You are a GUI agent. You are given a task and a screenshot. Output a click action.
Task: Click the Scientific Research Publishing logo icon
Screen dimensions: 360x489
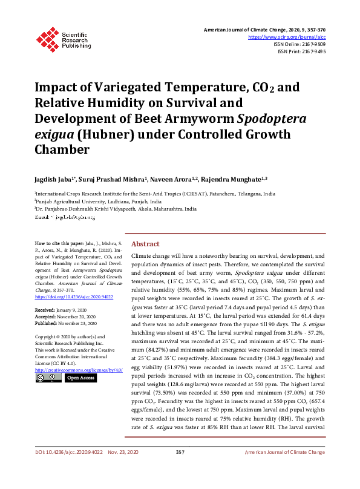tap(47, 38)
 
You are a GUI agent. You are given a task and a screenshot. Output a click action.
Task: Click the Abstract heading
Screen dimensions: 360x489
tap(145, 243)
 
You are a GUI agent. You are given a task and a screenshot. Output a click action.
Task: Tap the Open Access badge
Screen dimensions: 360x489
tap(80, 378)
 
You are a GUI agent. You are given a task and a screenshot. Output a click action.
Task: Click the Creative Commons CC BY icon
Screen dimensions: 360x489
tap(48, 378)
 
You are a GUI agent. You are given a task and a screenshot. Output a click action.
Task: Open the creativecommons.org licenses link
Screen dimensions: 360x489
tap(79, 369)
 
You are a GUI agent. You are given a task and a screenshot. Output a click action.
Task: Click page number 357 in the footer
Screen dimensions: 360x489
tap(180, 470)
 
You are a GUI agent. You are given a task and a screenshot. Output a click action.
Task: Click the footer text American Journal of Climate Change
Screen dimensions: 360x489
tap(284, 470)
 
